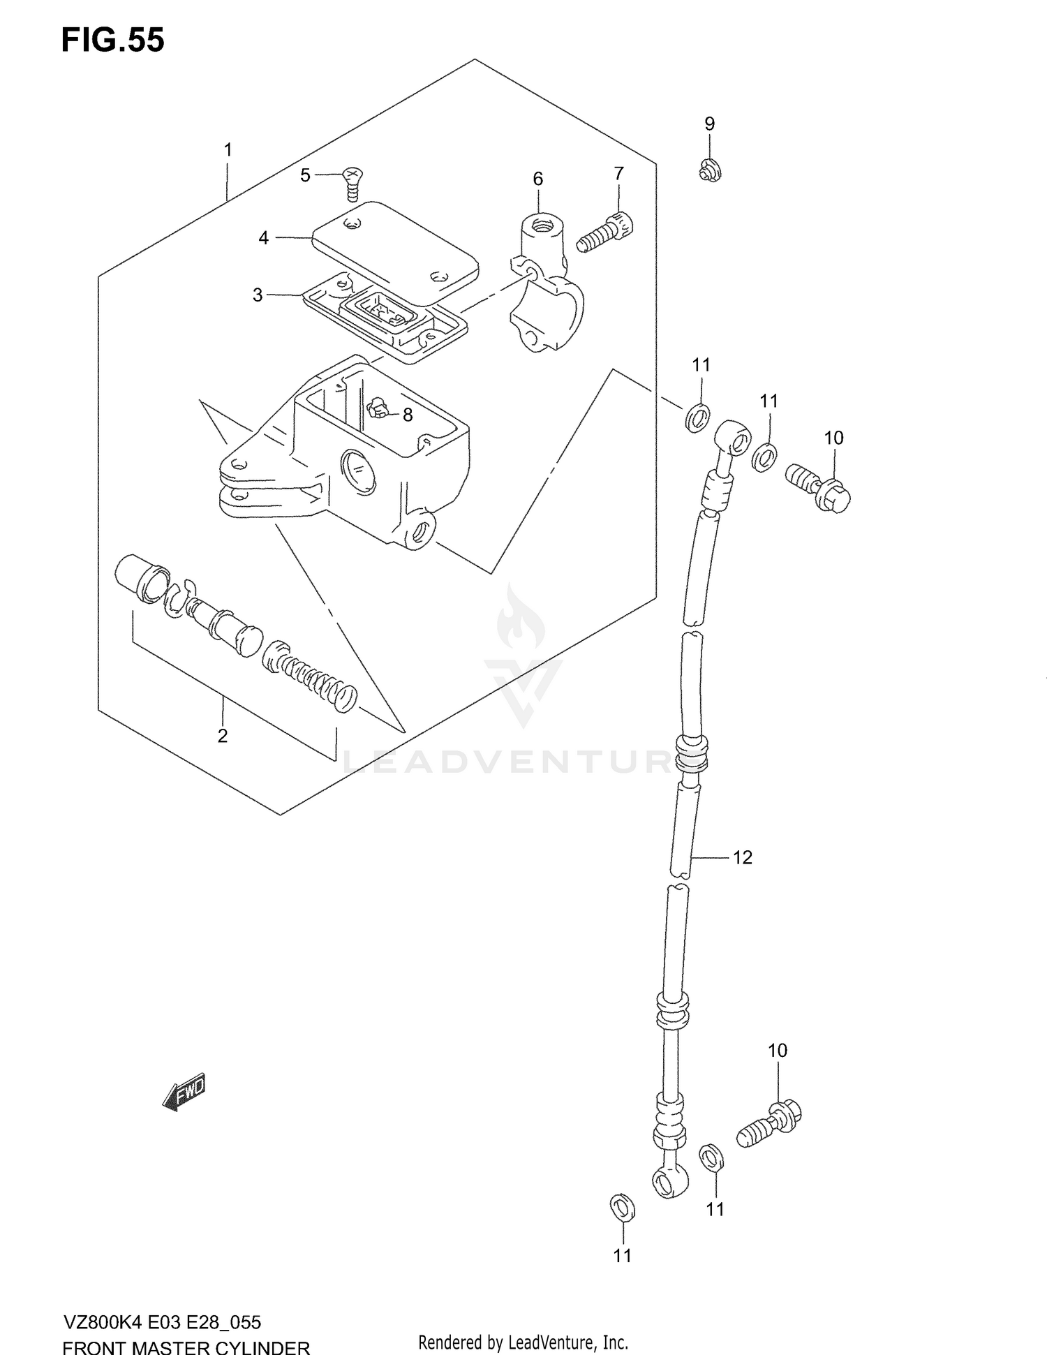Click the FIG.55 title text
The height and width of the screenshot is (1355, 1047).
click(x=113, y=40)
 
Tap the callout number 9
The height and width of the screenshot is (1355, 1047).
click(x=709, y=124)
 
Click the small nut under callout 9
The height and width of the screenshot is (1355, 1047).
click(x=710, y=170)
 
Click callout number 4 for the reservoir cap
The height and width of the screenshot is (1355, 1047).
click(x=263, y=238)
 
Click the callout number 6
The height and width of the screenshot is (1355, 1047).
click(x=537, y=179)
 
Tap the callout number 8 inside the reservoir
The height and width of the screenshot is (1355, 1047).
click(x=408, y=415)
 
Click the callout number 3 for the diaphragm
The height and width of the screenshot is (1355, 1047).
click(x=258, y=295)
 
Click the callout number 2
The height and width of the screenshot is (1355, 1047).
click(x=222, y=736)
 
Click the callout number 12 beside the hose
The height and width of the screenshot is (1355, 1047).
click(x=742, y=857)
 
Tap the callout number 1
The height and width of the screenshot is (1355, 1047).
click(x=228, y=149)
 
